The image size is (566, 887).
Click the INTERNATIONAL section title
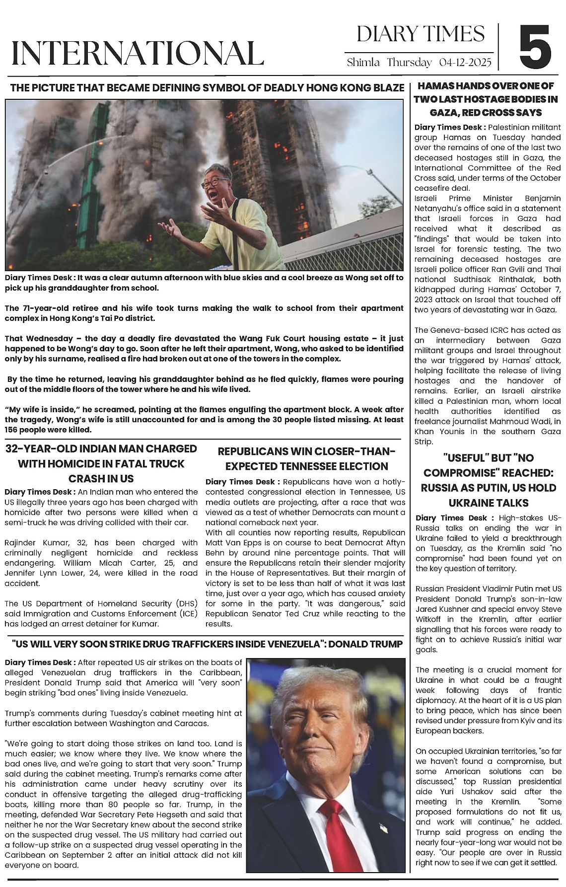click(x=137, y=53)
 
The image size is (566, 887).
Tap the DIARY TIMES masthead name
click(x=420, y=34)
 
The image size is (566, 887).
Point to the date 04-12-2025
click(x=465, y=63)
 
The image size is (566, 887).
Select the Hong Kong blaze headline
click(x=207, y=88)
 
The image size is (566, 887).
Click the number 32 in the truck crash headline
click(x=13, y=449)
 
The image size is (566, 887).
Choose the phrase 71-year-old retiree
click(x=54, y=308)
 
